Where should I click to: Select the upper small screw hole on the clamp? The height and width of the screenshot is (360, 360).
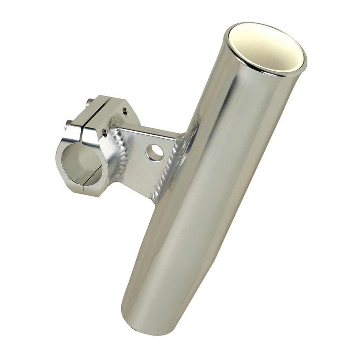coord(125,112)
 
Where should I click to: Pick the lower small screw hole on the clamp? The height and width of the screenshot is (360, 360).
coord(104,133)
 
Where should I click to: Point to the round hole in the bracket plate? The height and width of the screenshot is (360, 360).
coord(155,153)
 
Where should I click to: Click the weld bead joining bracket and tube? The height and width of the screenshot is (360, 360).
coord(169,169)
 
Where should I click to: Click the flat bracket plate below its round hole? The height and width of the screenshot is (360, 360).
coord(144,176)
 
